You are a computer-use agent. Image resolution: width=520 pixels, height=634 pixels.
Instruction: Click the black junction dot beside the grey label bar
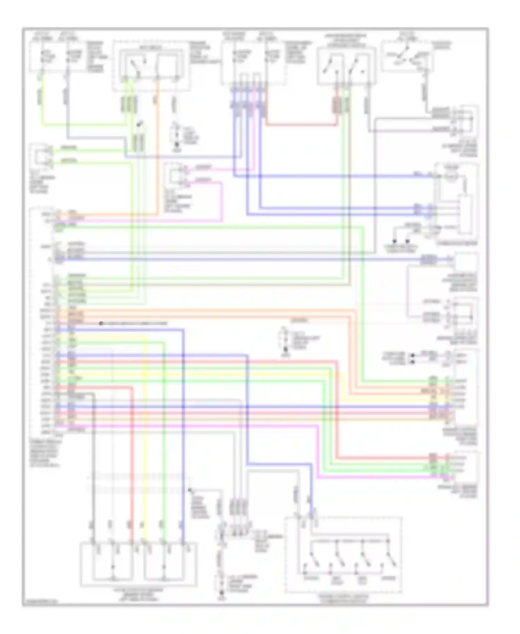click(101, 323)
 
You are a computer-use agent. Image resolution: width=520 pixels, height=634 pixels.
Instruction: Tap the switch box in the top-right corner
click(407, 57)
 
